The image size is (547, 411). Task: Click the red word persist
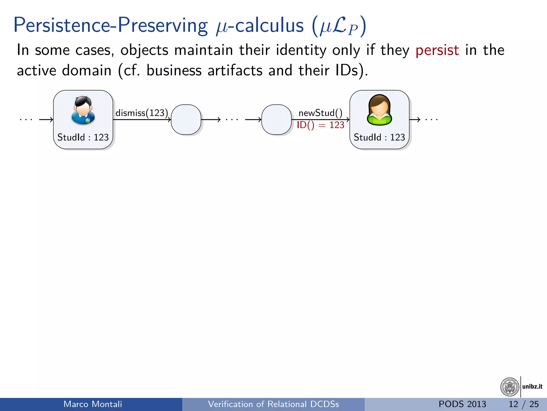[437, 50]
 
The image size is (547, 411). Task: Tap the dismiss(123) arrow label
[142, 113]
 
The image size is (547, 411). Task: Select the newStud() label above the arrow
[320, 113]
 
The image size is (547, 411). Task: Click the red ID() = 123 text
[320, 125]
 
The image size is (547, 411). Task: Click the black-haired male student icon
[83, 110]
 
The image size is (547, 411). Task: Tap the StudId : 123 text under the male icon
[83, 137]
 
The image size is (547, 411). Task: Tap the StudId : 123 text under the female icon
[379, 137]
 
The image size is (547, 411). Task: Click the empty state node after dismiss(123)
[186, 119]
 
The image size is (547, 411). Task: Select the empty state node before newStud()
[276, 119]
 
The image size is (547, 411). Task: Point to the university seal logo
[510, 387]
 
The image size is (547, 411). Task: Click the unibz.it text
[532, 386]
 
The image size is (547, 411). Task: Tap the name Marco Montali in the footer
[93, 404]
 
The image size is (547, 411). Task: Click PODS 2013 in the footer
[462, 404]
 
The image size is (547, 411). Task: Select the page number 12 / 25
[523, 404]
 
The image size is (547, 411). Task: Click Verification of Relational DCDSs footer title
[273, 404]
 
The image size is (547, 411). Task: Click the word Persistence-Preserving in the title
[110, 25]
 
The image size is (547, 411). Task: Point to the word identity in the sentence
[301, 50]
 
